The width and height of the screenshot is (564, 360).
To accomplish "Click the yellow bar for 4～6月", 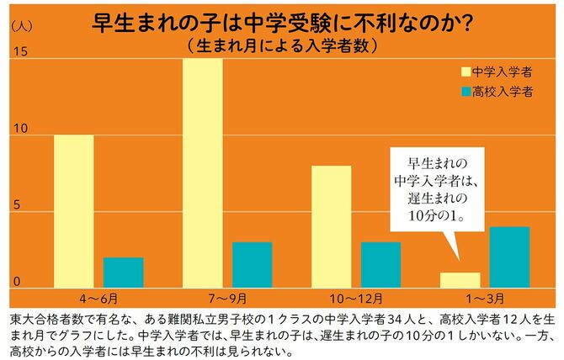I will point(74,211).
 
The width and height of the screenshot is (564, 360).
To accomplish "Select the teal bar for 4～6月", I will point(124,273).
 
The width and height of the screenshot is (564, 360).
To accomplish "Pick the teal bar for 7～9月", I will point(252,265).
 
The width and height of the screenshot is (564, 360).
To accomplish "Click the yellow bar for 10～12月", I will point(331,226).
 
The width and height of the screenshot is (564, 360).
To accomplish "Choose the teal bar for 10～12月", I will point(380,265).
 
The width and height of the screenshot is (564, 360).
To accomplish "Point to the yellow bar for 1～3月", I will point(460,280).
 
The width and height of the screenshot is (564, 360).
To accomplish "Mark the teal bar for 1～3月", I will point(509,257).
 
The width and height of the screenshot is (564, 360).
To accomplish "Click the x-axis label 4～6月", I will point(98,299).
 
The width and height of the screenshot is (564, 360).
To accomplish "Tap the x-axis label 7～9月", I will point(227,299).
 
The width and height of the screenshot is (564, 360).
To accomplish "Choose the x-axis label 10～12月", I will point(355,299).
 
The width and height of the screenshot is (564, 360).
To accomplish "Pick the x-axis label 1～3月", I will point(484,299).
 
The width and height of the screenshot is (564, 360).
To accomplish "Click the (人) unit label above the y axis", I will point(21,24).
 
